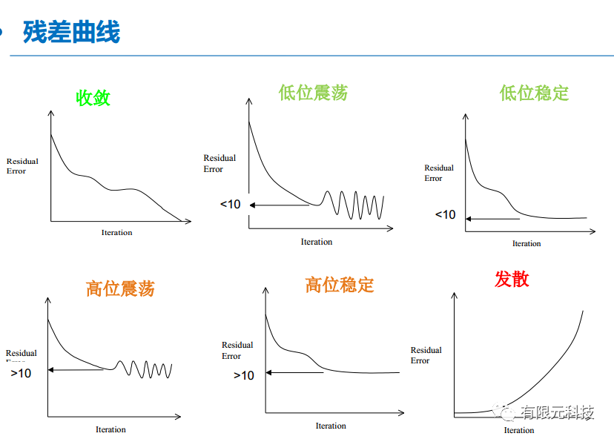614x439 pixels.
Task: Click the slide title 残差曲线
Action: pos(71,32)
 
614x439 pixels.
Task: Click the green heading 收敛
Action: pos(93,97)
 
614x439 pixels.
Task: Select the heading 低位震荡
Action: pos(313,93)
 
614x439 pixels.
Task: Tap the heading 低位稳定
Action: pos(534,93)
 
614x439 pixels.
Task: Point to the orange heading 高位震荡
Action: pos(120,288)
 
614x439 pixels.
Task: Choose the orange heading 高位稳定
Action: pos(340,285)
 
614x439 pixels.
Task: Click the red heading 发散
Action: pos(512,280)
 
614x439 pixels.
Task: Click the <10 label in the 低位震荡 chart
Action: pos(230,204)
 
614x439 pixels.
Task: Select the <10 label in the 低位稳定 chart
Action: pos(445,214)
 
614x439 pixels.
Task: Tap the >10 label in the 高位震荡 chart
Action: pos(21,373)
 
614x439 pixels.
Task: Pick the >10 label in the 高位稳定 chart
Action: pos(244,375)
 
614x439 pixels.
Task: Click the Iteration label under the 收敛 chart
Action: pos(116,233)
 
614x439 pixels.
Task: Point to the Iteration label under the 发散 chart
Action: pos(519,430)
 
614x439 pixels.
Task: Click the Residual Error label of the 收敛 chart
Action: pos(22,166)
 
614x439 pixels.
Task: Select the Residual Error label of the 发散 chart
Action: pos(426,355)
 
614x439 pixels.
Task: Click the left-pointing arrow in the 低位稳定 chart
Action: pos(492,219)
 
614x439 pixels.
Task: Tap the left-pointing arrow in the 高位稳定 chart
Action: pos(295,372)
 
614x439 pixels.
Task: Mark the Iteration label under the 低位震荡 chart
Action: pos(317,242)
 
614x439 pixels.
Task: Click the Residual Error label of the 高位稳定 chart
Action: pos(237,351)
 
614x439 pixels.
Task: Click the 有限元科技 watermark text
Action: pos(557,412)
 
